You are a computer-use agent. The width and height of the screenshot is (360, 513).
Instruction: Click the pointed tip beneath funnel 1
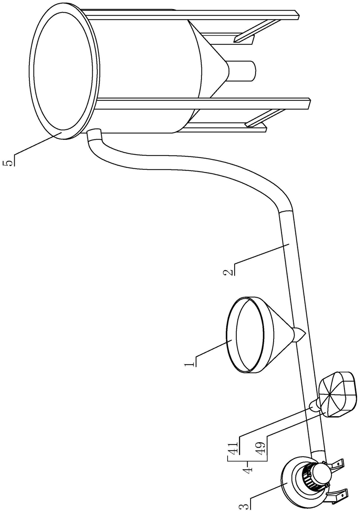tap(300, 336)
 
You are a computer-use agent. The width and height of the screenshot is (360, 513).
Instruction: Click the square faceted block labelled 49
tap(339, 394)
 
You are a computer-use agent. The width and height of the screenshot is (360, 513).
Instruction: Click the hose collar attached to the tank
tap(95, 135)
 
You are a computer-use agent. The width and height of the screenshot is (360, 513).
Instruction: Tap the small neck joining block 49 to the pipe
tap(314, 405)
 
